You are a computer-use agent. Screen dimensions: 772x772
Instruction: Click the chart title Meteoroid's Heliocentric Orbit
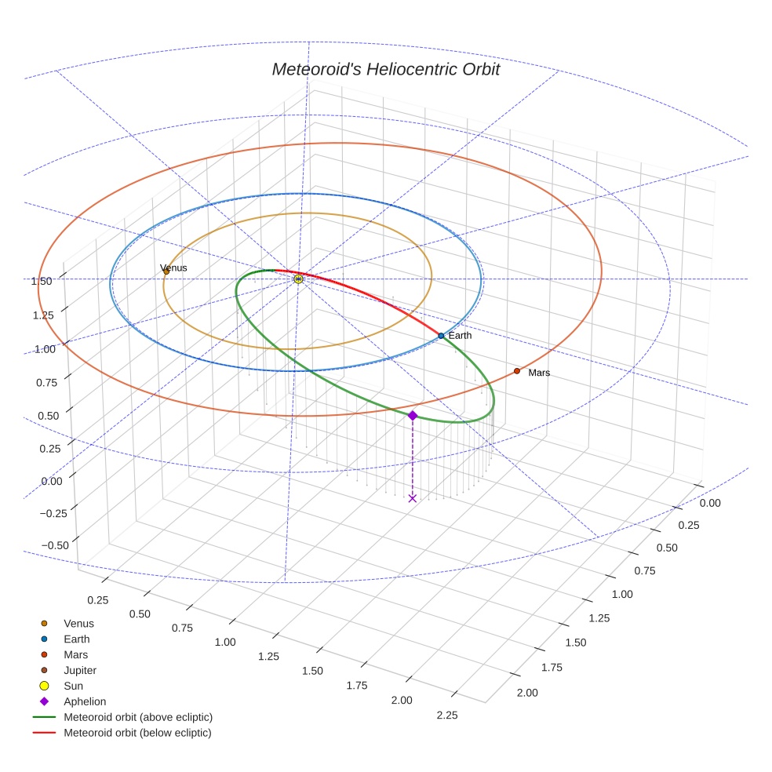coord(385,69)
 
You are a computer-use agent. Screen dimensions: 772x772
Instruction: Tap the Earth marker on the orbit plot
coord(441,336)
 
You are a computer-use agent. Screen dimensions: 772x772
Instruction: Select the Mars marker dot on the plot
coord(517,371)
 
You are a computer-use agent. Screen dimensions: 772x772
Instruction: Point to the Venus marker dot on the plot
coord(166,272)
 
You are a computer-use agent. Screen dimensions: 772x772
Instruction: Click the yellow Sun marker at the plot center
coord(298,279)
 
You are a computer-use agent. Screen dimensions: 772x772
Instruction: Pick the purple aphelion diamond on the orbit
coord(413,415)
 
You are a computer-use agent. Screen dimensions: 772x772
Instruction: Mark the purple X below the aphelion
coord(413,498)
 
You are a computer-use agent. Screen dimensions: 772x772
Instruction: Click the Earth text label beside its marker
coord(461,336)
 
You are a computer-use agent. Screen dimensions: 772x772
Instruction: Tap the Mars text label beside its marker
coord(539,373)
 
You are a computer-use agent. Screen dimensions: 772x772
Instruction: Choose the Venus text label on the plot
coord(173,268)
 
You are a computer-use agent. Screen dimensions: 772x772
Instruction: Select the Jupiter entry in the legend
coord(79,670)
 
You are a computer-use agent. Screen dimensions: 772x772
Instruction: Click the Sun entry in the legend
coord(73,686)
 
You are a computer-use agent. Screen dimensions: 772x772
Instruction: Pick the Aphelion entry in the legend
coord(84,701)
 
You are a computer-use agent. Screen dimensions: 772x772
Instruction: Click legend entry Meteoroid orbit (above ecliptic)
coord(137,717)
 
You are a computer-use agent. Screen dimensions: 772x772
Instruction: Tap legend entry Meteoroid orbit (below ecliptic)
coord(137,733)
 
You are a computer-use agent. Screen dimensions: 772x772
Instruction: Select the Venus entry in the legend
coord(78,624)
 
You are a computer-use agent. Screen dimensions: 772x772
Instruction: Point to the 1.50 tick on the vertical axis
coord(42,281)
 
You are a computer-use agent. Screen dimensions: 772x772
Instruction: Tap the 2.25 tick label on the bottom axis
coord(446,715)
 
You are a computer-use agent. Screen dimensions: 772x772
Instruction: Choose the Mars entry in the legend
coord(75,654)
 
